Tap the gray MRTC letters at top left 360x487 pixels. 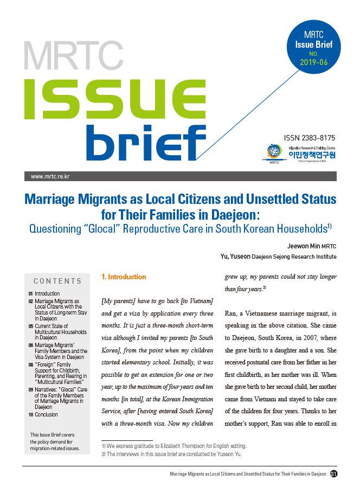pyautogui.click(x=73, y=55)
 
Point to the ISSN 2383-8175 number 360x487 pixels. pyautogui.click(x=310, y=138)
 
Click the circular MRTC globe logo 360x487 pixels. pyautogui.click(x=274, y=152)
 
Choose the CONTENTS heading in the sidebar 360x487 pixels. pyautogui.click(x=57, y=281)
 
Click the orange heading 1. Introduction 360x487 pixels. pyautogui.click(x=124, y=277)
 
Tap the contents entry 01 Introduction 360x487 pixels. pyautogui.click(x=47, y=293)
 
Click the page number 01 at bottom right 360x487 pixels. pyautogui.click(x=334, y=473)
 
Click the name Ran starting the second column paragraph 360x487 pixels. pyautogui.click(x=231, y=313)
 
